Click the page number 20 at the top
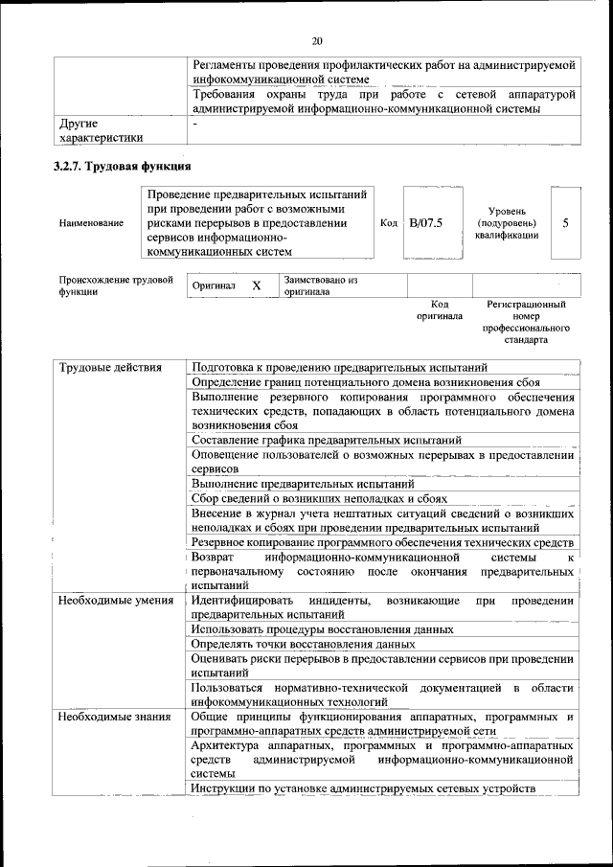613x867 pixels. click(317, 40)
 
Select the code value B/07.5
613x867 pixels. click(425, 223)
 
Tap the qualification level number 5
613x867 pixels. click(565, 223)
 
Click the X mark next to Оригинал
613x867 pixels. click(256, 285)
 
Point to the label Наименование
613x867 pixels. click(91, 223)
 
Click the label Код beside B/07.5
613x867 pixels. click(389, 223)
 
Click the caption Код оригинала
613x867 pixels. click(440, 309)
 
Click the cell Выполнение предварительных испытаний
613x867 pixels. click(303, 484)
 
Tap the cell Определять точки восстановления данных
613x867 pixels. click(303, 645)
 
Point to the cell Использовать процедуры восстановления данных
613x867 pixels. click(322, 629)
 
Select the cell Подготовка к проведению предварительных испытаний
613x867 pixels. click(339, 367)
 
